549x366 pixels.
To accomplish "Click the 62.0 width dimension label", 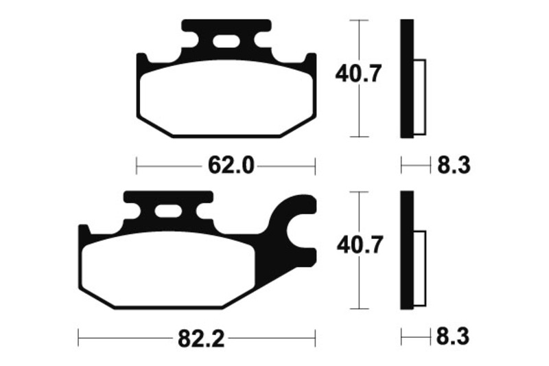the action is pyautogui.click(x=231, y=165).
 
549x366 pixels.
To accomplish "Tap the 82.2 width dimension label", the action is pyautogui.click(x=201, y=339).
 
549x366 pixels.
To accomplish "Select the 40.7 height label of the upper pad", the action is pyautogui.click(x=358, y=73).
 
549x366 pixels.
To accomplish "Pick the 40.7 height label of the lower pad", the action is pyautogui.click(x=360, y=244).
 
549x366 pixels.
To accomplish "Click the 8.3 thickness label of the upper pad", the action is pyautogui.click(x=454, y=165).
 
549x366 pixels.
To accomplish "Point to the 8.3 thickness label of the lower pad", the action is pyautogui.click(x=452, y=336).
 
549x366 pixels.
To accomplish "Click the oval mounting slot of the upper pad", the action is pyautogui.click(x=226, y=41).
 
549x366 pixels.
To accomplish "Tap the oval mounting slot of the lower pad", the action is pyautogui.click(x=168, y=211).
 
